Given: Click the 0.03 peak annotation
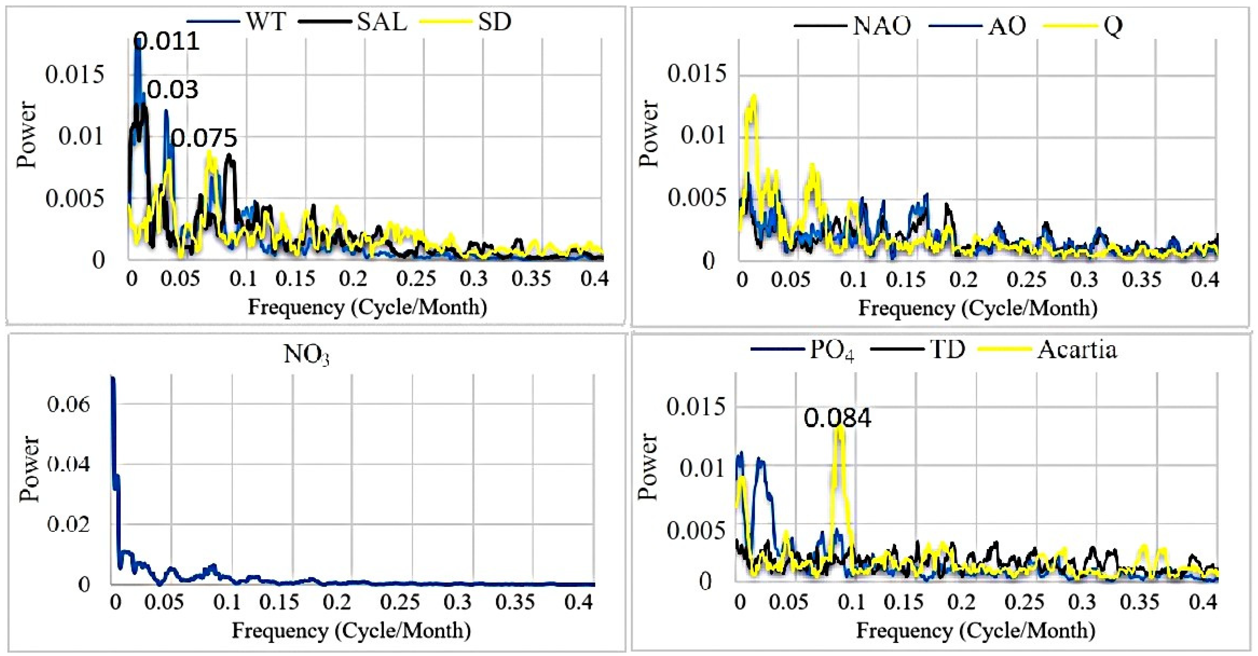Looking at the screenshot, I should point(173,90).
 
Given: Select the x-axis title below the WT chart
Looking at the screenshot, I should point(367,307).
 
